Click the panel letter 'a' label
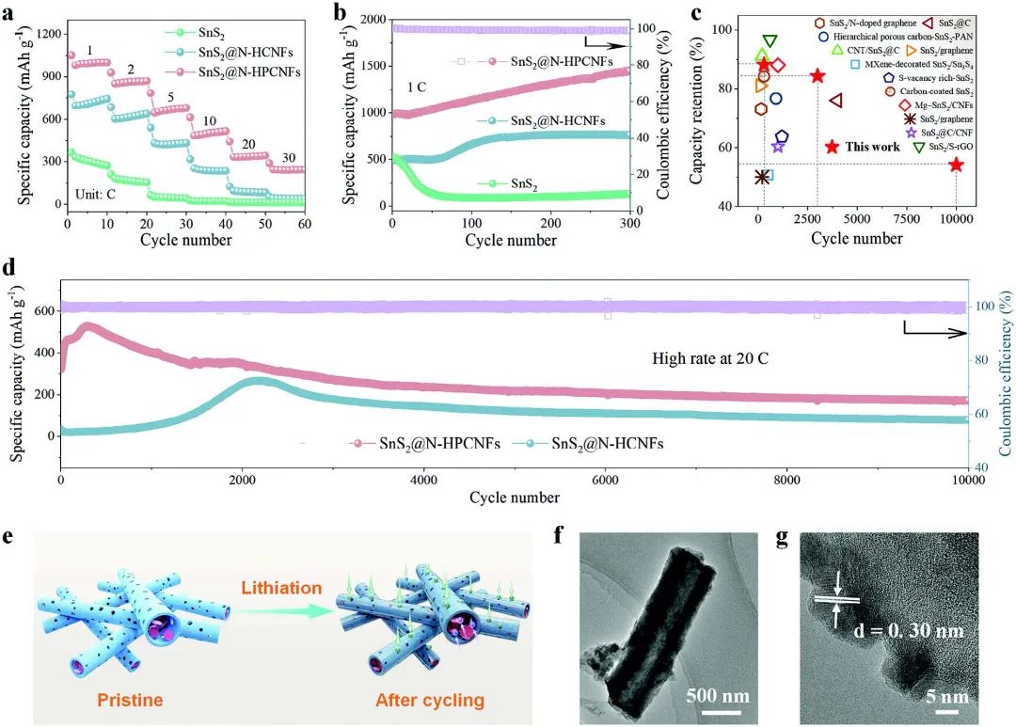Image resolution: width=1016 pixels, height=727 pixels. tap(11, 13)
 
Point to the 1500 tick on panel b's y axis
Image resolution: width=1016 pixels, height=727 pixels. tap(372, 66)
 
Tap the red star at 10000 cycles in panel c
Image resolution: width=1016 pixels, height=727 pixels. tap(956, 166)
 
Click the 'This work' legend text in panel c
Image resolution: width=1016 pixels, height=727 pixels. tap(873, 147)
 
